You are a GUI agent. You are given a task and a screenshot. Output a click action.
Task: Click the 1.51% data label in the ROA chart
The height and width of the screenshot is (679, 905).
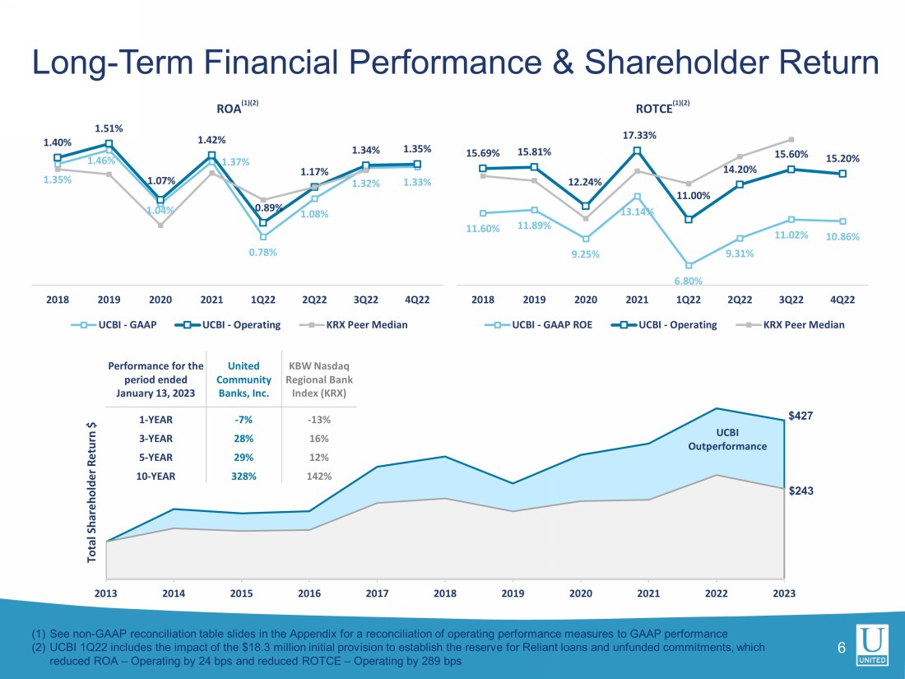(x=109, y=128)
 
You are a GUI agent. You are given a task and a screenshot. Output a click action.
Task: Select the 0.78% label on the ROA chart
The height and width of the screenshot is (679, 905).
(x=263, y=253)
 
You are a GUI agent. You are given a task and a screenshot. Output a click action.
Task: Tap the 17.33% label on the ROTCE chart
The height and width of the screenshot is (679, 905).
(x=639, y=135)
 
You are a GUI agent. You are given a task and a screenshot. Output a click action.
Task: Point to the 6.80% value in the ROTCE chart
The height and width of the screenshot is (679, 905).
(x=689, y=281)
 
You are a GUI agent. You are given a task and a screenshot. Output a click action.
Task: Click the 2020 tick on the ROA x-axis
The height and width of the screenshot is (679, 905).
(x=160, y=300)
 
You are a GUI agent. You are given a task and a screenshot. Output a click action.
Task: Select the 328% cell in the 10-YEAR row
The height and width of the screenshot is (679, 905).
(x=244, y=476)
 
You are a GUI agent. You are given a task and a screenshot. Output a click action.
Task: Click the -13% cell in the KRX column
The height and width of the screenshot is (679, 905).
(x=318, y=420)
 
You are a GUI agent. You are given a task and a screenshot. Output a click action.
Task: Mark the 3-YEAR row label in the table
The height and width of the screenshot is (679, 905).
(x=155, y=439)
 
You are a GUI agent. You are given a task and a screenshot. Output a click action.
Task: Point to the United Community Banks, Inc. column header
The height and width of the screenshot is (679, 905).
(x=244, y=379)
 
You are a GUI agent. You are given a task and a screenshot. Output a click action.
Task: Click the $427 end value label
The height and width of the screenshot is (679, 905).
(x=801, y=416)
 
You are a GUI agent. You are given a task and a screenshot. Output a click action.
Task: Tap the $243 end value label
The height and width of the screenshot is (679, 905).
(x=801, y=491)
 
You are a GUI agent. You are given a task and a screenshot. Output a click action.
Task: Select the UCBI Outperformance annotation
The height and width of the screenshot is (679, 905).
(x=727, y=439)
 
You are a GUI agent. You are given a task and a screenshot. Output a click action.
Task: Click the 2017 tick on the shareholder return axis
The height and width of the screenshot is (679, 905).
(x=377, y=592)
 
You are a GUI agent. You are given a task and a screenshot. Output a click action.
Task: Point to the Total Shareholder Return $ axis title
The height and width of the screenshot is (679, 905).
(x=92, y=492)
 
